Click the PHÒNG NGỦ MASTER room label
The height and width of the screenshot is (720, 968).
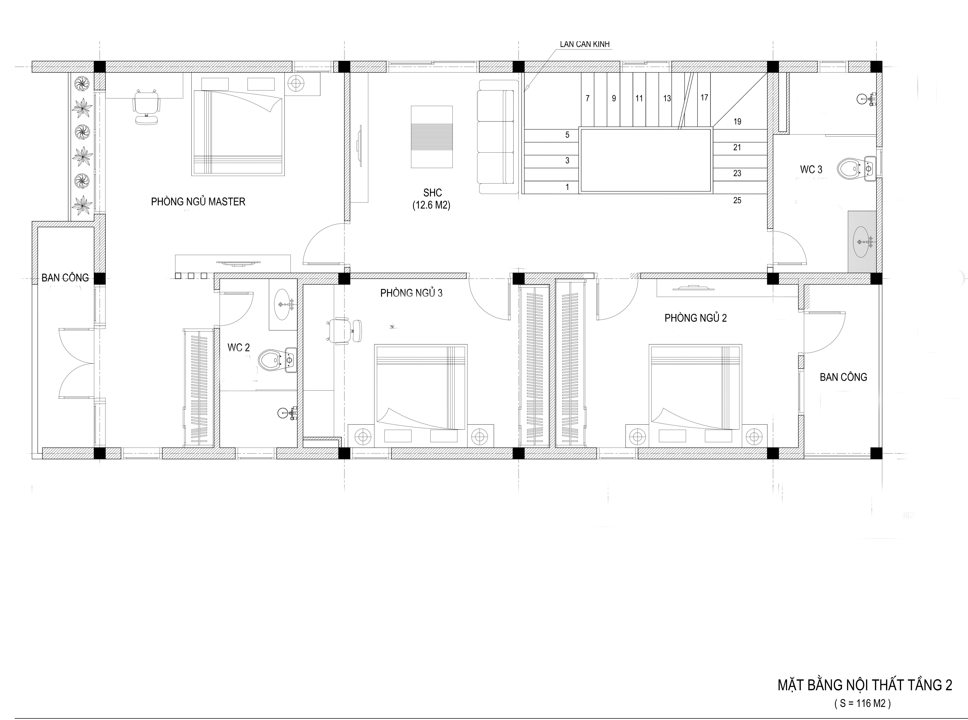pyautogui.click(x=198, y=202)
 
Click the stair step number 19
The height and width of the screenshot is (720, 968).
pyautogui.click(x=737, y=122)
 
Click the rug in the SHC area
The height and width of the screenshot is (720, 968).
pyautogui.click(x=431, y=137)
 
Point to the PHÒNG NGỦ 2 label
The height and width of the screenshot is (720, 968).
pyautogui.click(x=696, y=318)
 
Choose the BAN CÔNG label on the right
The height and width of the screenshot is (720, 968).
pyautogui.click(x=843, y=377)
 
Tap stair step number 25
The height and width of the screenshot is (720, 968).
pyautogui.click(x=737, y=200)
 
